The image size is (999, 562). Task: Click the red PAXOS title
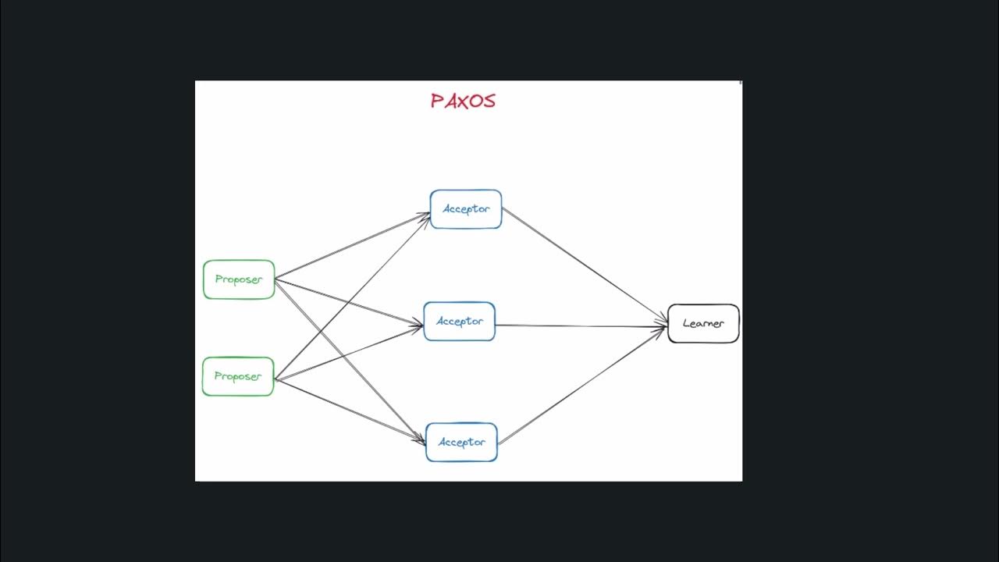[463, 101]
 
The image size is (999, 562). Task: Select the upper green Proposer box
[239, 279]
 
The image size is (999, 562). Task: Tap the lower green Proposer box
[238, 376]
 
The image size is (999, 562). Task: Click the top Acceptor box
[466, 209]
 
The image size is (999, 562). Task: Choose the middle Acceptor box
[460, 322]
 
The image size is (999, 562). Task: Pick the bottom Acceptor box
[461, 442]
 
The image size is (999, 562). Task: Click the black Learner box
[703, 323]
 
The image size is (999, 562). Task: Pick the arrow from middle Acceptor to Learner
[581, 325]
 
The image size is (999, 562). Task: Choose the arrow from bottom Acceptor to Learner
[581, 385]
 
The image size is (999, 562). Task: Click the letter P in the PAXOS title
[437, 101]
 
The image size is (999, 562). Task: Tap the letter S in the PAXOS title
[489, 101]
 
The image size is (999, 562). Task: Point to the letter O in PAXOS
[475, 101]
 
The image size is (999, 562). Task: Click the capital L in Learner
[686, 323]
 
